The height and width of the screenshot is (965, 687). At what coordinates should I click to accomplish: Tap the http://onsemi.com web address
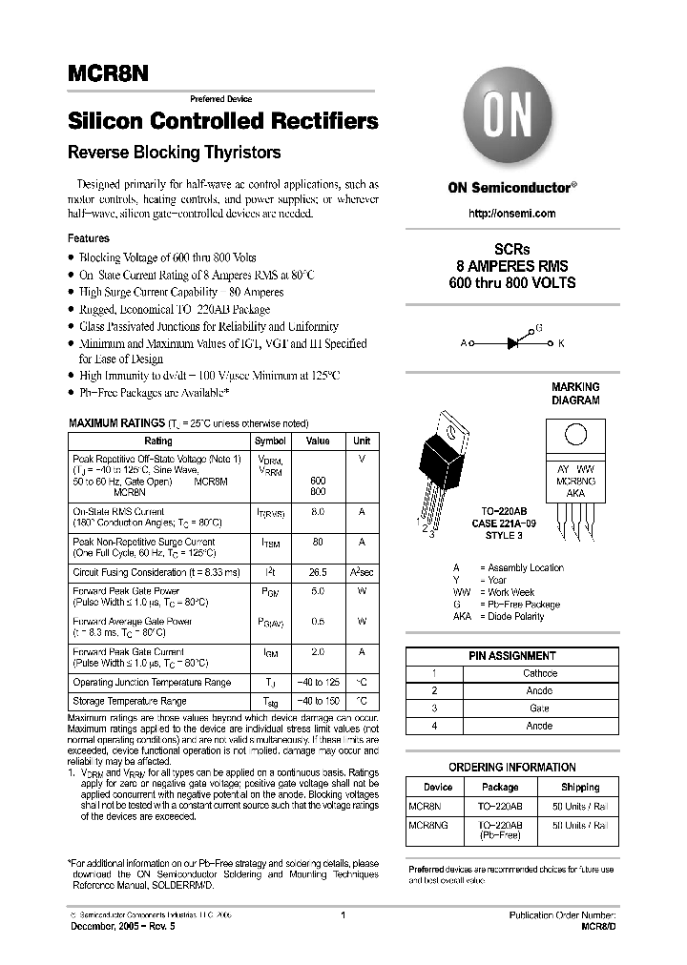click(x=512, y=214)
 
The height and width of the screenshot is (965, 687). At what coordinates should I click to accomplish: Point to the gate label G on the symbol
click(x=538, y=327)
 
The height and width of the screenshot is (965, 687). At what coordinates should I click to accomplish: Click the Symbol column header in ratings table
click(x=270, y=441)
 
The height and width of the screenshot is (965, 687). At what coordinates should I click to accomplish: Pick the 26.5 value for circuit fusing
click(x=318, y=572)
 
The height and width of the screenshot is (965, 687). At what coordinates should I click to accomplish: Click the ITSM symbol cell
click(x=270, y=542)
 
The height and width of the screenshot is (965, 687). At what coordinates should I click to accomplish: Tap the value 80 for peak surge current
click(x=318, y=542)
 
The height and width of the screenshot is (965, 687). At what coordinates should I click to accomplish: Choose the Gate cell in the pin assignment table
click(x=539, y=708)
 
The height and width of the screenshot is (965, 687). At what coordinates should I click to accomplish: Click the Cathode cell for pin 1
click(x=539, y=673)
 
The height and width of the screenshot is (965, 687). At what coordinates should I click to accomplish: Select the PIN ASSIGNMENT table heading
click(x=511, y=656)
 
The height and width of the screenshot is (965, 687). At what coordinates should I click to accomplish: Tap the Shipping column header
click(x=580, y=787)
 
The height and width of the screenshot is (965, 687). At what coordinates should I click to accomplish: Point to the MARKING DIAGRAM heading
click(x=575, y=394)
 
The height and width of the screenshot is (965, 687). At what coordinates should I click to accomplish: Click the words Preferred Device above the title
click(x=221, y=99)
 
